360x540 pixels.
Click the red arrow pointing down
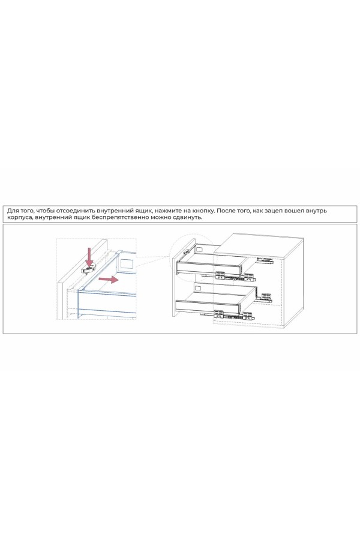pyautogui.click(x=89, y=256)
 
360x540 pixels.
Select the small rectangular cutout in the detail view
pyautogui.click(x=127, y=262)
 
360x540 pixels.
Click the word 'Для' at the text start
pyautogui.click(x=13, y=211)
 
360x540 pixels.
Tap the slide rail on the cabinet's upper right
pyautogui.click(x=265, y=260)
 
